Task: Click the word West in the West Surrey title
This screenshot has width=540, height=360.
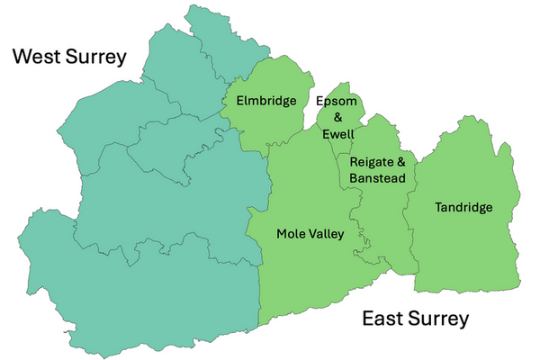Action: tap(36, 58)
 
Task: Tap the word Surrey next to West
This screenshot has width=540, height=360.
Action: tap(95, 58)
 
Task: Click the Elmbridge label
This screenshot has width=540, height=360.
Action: tap(265, 101)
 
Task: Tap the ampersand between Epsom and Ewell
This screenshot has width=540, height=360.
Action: tap(338, 117)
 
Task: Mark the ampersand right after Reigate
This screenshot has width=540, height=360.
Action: tap(400, 162)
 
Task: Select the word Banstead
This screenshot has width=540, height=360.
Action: tap(378, 178)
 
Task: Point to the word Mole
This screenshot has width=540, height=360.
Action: tap(292, 234)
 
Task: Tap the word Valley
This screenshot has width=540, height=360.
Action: tap(327, 235)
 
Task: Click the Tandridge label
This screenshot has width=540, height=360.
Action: tap(463, 208)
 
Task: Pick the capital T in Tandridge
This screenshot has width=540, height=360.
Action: tap(438, 208)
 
